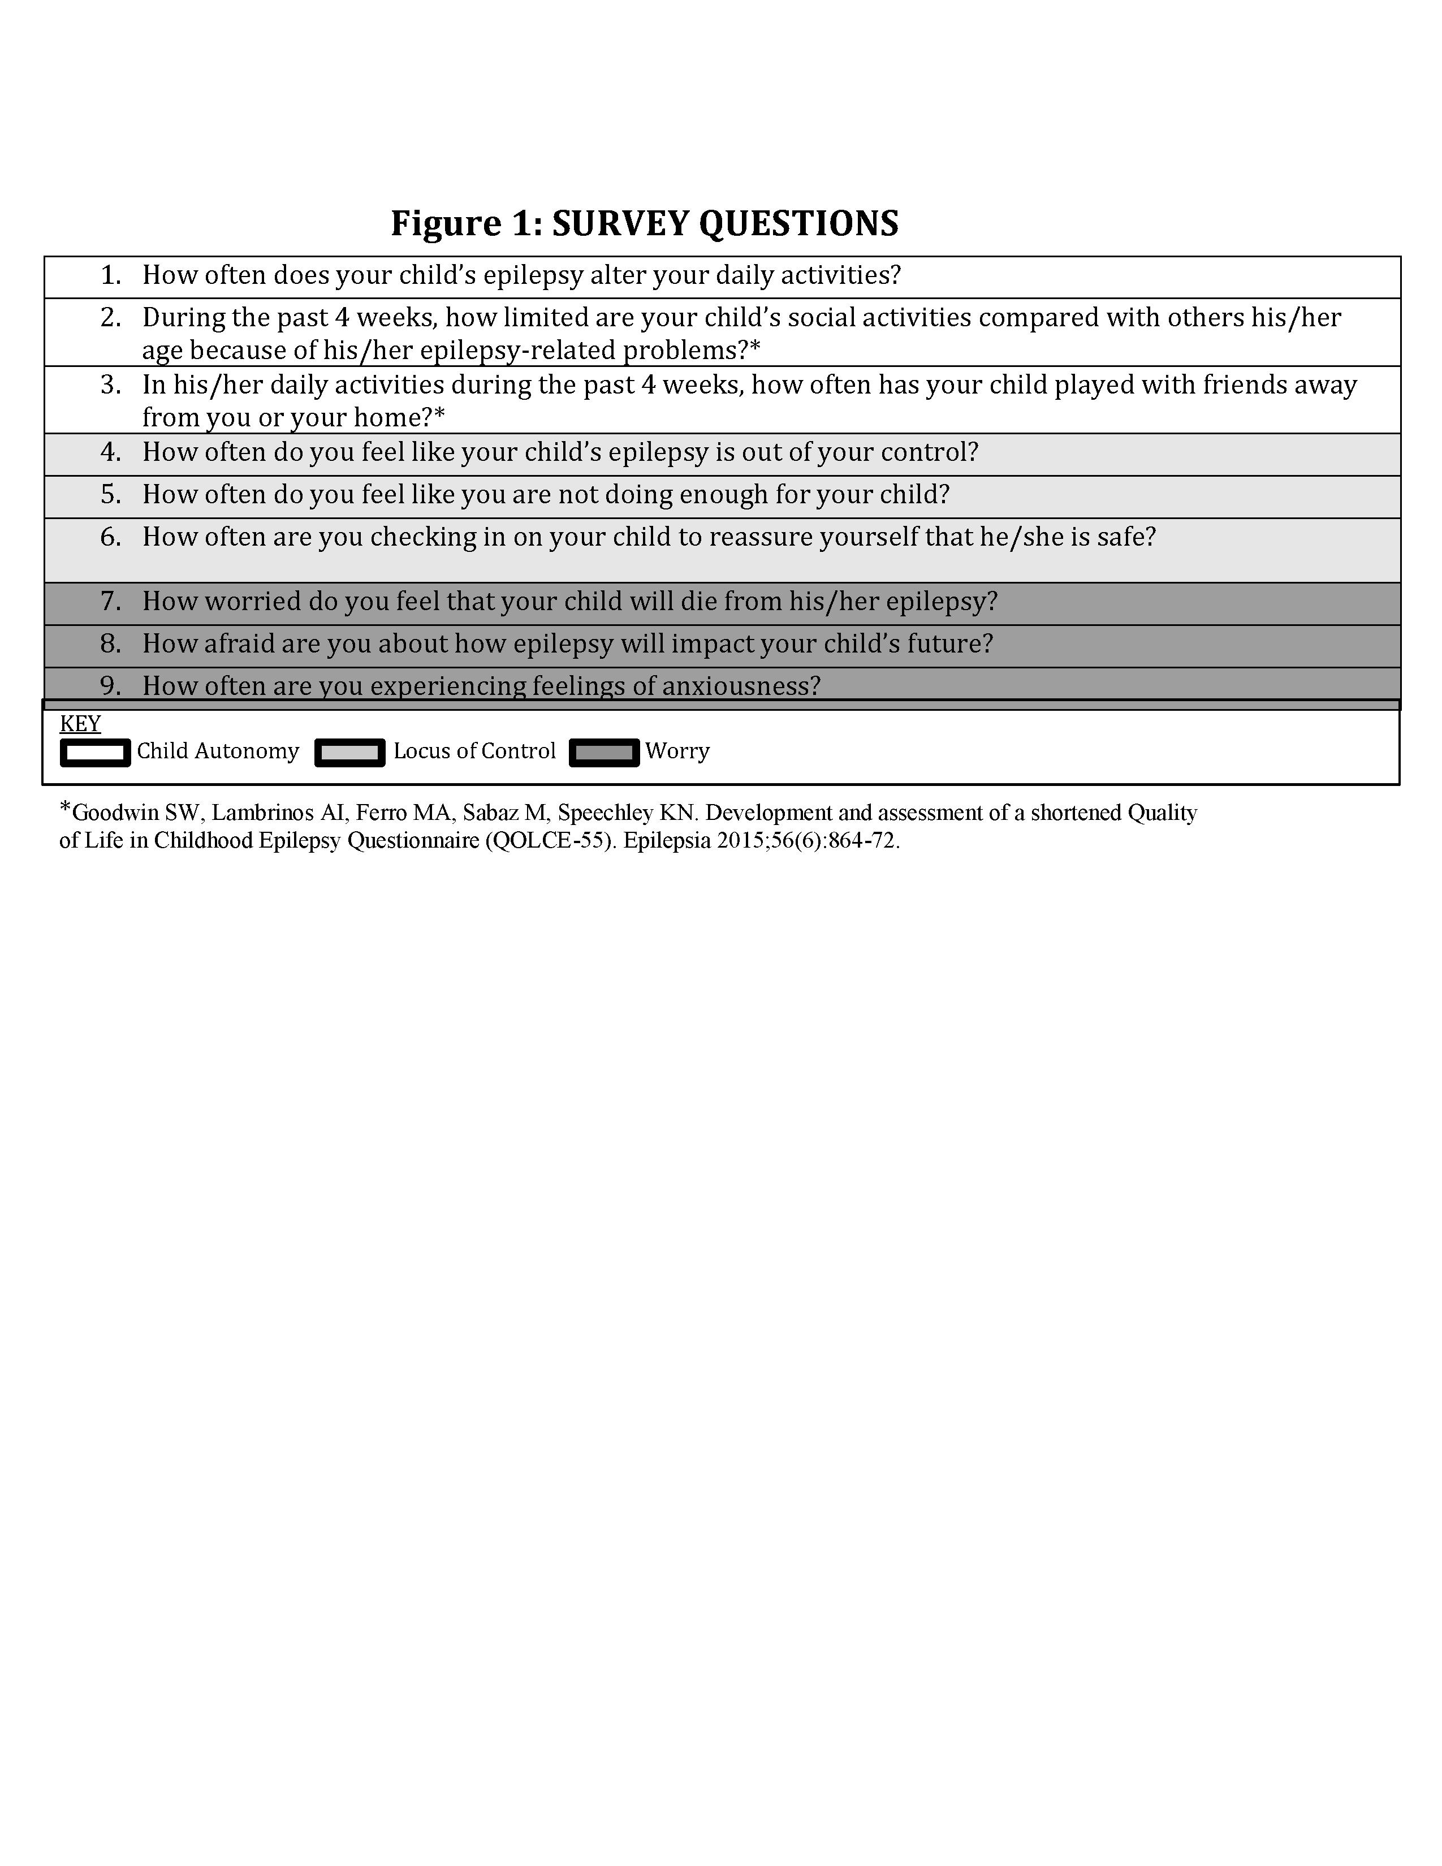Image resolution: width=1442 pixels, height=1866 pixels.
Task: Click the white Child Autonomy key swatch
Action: tap(95, 753)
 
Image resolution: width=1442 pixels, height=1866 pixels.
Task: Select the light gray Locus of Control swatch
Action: tap(349, 753)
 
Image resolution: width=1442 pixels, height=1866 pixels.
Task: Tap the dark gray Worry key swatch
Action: tap(604, 753)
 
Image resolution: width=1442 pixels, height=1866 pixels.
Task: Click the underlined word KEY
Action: tap(80, 724)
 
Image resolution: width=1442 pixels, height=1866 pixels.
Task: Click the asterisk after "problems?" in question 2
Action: tap(754, 348)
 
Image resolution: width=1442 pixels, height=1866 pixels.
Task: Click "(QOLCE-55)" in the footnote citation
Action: tap(550, 841)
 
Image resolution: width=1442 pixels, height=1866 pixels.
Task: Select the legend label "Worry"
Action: tap(677, 751)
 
